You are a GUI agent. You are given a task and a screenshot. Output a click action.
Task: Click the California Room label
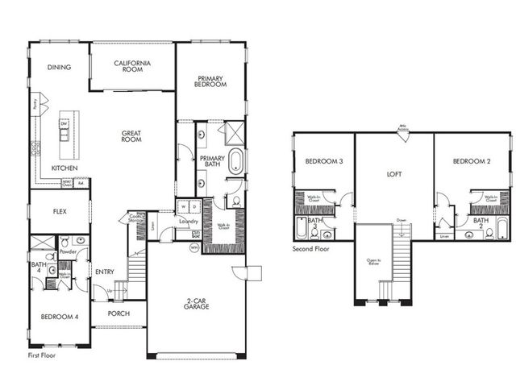point(133,67)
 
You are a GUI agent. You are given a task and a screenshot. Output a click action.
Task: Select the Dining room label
point(59,68)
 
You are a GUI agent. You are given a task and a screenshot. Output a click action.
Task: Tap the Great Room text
point(132,138)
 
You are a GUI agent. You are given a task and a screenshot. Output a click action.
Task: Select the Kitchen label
point(64,168)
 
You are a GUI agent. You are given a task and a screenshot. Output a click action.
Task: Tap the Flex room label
point(59,213)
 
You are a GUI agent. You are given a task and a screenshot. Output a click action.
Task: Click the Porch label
point(119,313)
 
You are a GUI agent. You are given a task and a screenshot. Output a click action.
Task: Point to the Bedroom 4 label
point(60,317)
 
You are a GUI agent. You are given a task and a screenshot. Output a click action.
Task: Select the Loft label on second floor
point(394,173)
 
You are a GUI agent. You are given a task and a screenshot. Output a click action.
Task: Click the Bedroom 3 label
point(324,162)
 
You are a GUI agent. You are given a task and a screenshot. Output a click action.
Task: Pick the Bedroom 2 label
point(472,162)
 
